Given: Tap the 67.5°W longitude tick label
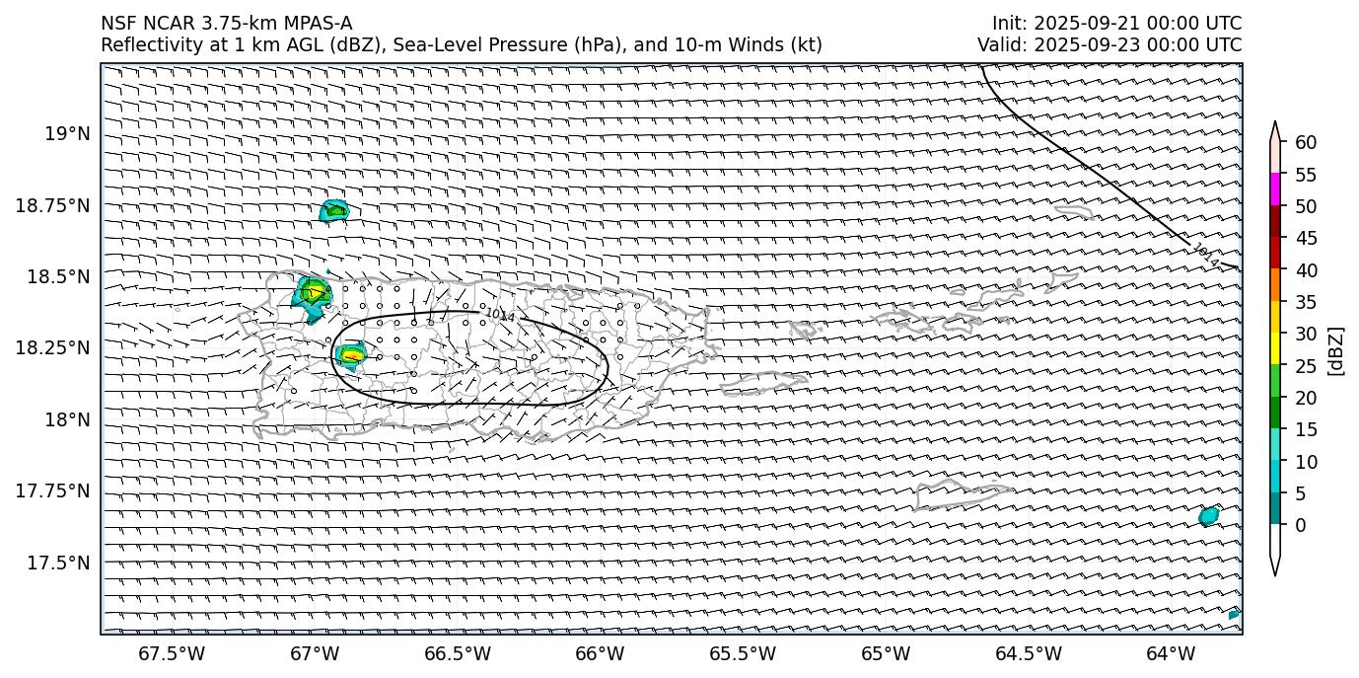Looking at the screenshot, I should (172, 653).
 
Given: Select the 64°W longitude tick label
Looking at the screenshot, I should (1171, 653).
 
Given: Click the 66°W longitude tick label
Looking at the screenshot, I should (600, 653).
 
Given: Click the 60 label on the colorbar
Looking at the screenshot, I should (1307, 142).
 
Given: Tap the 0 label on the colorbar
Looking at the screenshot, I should (1301, 525).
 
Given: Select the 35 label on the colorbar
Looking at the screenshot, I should (1307, 302).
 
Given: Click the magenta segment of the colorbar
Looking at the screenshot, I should (1275, 189).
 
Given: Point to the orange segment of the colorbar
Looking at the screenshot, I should (1275, 285).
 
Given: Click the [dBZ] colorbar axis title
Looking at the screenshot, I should (1336, 350).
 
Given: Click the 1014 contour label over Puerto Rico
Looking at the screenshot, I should (500, 315).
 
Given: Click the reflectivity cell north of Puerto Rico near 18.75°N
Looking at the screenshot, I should (335, 210).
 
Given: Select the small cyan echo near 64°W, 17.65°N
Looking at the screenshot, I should (1208, 515).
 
